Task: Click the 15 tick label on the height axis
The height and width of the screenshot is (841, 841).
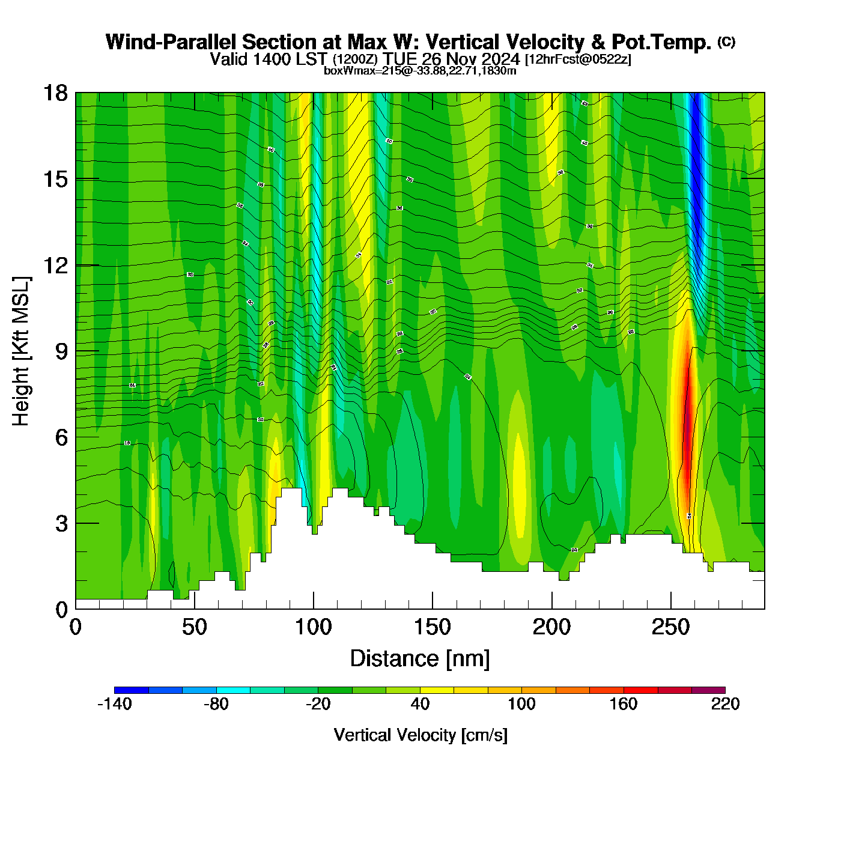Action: point(55,179)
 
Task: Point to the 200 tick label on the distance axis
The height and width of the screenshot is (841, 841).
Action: point(551,627)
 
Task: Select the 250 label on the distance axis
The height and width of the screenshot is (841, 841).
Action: point(670,627)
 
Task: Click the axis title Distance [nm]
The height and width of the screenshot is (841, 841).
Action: point(420,658)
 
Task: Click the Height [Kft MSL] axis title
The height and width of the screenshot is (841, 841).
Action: point(21,351)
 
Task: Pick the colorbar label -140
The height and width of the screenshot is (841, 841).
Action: point(114,704)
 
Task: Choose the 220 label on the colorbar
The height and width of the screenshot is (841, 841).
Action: point(725,704)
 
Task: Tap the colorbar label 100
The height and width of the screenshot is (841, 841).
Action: point(521,704)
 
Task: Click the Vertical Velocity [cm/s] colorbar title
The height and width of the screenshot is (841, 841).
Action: point(421,735)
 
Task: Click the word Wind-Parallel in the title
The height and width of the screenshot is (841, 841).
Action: point(171,42)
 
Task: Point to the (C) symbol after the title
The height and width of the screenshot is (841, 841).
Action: point(726,41)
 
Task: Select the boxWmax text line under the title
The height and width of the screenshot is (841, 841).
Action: point(420,70)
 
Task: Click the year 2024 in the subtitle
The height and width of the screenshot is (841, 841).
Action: point(500,59)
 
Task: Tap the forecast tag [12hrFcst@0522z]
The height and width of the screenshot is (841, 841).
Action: point(578,59)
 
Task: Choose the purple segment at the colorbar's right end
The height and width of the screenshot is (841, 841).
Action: point(708,690)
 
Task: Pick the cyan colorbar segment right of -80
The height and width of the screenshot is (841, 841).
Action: point(233,690)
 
